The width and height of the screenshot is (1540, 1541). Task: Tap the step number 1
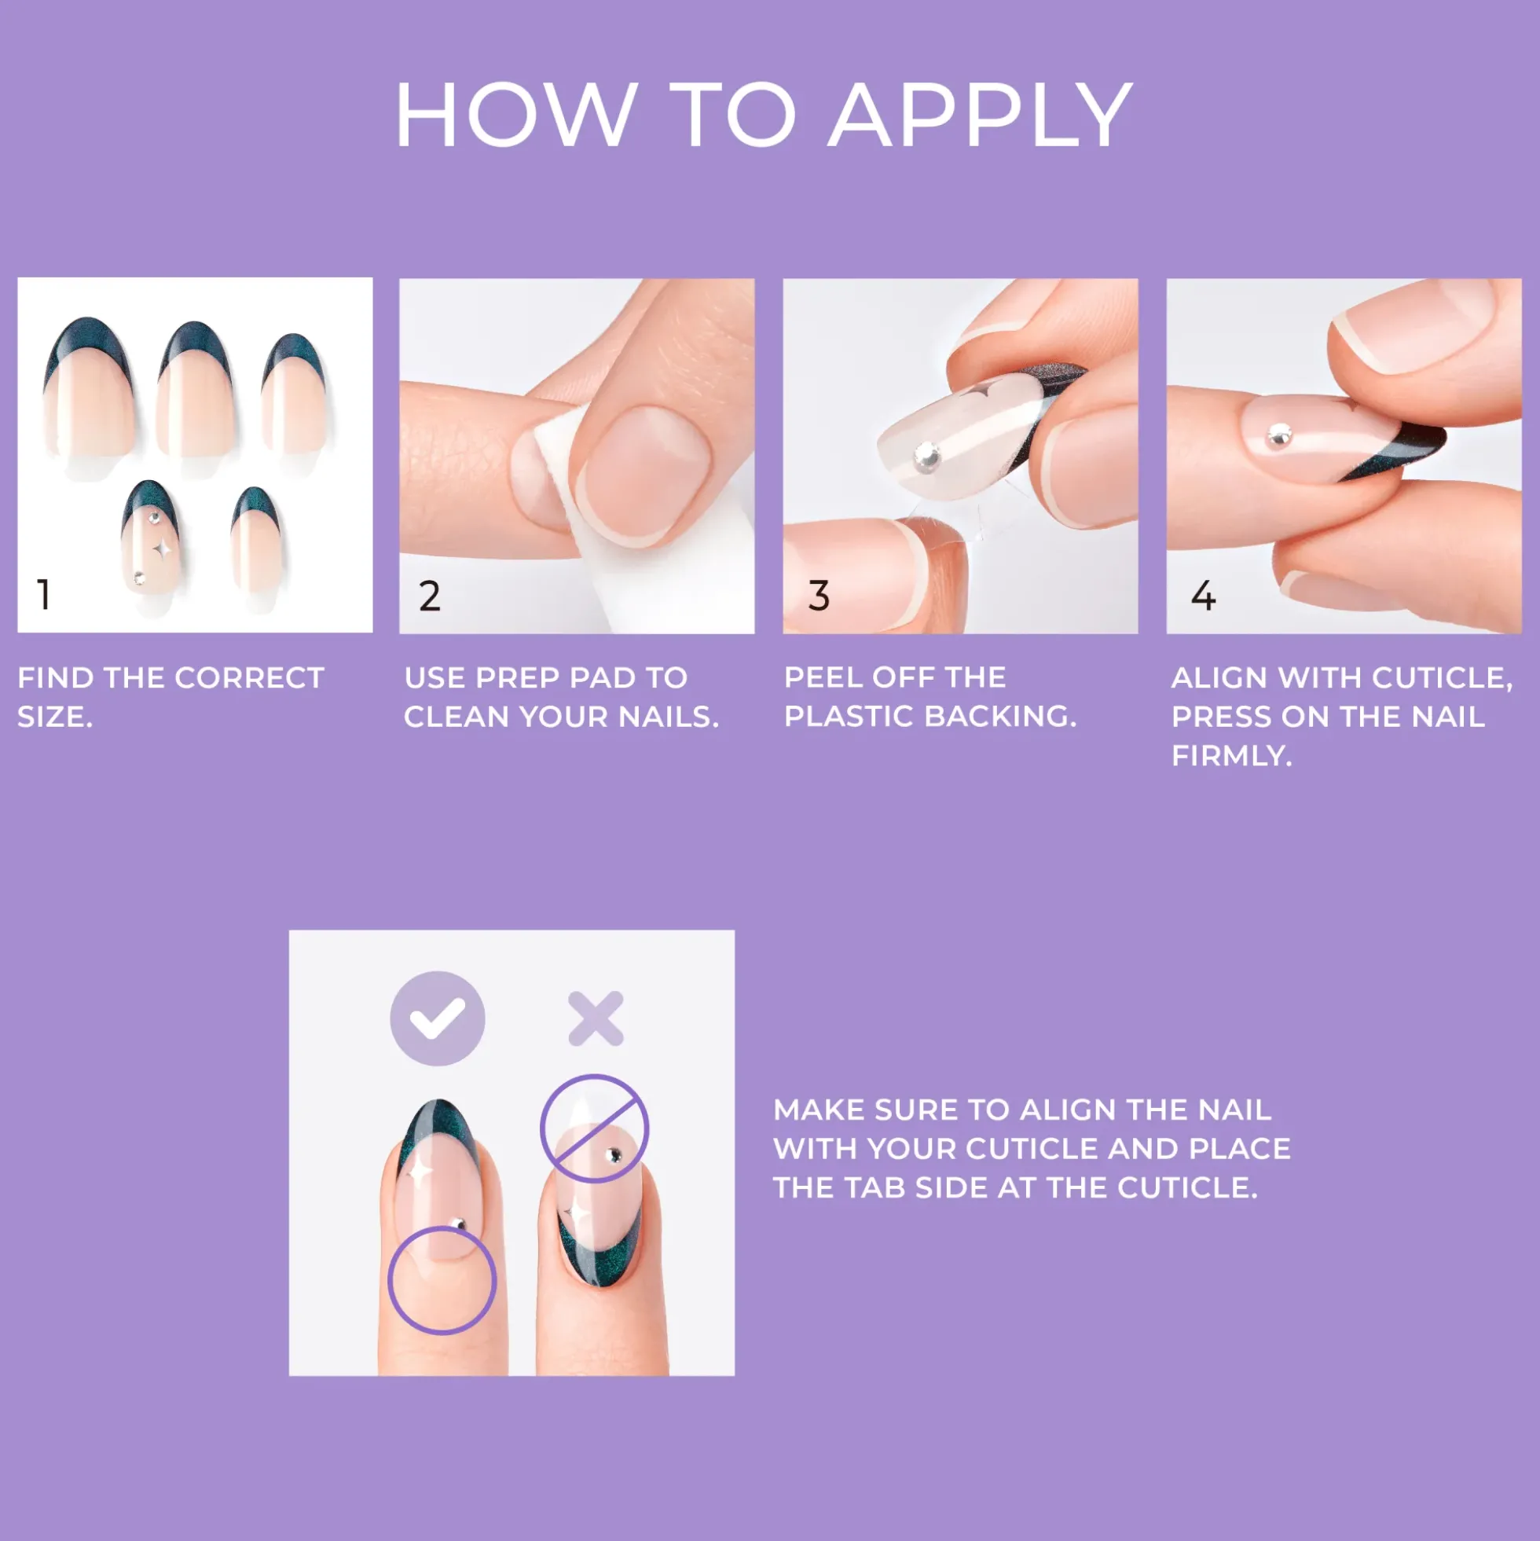(x=44, y=594)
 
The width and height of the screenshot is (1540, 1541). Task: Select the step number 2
(x=429, y=596)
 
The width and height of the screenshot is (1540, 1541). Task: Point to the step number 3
(x=818, y=596)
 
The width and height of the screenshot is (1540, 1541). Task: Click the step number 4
(x=1203, y=596)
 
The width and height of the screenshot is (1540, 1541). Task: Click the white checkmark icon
(x=437, y=1018)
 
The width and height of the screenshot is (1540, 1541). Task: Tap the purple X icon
(x=596, y=1018)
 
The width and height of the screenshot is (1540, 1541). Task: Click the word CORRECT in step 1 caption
(x=249, y=678)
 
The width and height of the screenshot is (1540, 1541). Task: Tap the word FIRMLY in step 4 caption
(x=1231, y=755)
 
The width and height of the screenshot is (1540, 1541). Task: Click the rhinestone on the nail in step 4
(x=1279, y=435)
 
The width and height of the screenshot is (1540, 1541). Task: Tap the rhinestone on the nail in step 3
(x=927, y=455)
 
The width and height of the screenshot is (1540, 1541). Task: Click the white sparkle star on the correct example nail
(x=418, y=1172)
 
